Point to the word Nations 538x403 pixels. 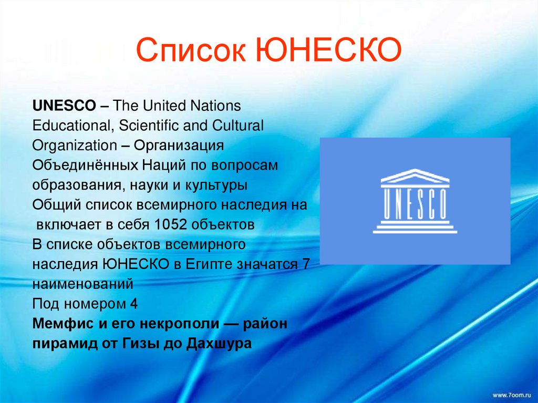[214, 106]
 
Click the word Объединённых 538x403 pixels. [85, 166]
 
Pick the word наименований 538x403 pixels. [82, 285]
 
